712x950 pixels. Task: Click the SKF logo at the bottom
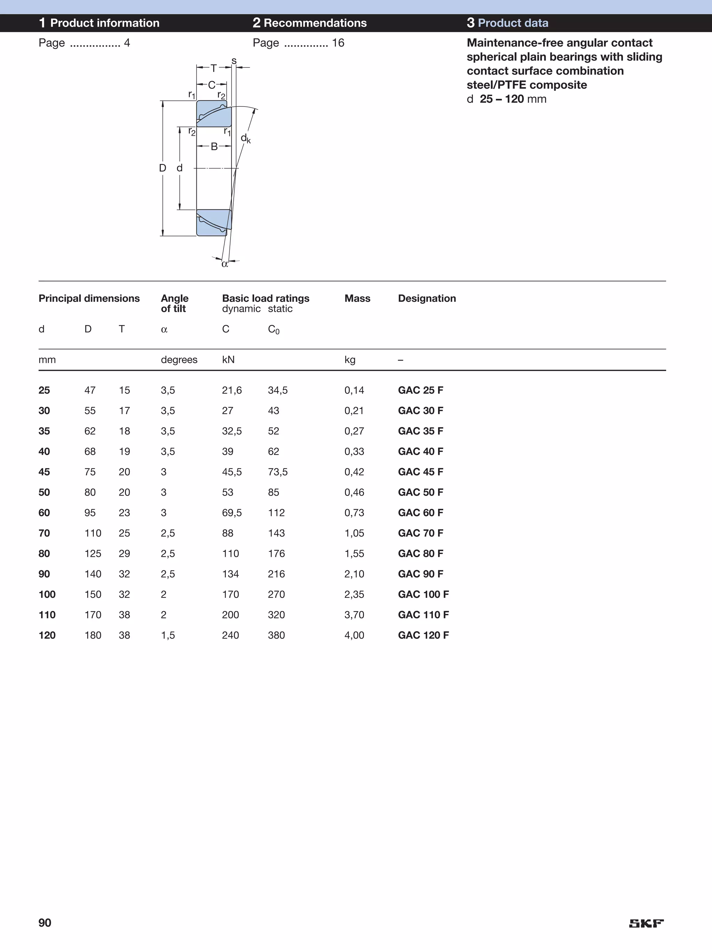[646, 923]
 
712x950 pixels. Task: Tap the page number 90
[44, 923]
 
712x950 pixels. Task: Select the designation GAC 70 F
[420, 533]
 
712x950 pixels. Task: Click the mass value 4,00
[354, 635]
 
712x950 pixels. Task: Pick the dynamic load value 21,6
[232, 390]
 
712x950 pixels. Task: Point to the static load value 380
[276, 635]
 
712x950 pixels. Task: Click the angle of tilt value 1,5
[168, 635]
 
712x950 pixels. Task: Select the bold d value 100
[47, 594]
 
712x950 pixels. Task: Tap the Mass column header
[357, 299]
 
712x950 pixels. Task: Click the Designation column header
[427, 299]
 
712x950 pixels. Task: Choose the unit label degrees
[179, 360]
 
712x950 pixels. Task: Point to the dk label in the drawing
[245, 138]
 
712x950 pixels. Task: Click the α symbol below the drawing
[225, 264]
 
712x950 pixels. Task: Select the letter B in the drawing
[214, 147]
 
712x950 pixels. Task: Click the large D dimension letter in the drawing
[162, 168]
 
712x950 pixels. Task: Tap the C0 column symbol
[273, 330]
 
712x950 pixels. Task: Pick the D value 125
[93, 554]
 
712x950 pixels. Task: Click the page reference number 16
[338, 43]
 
